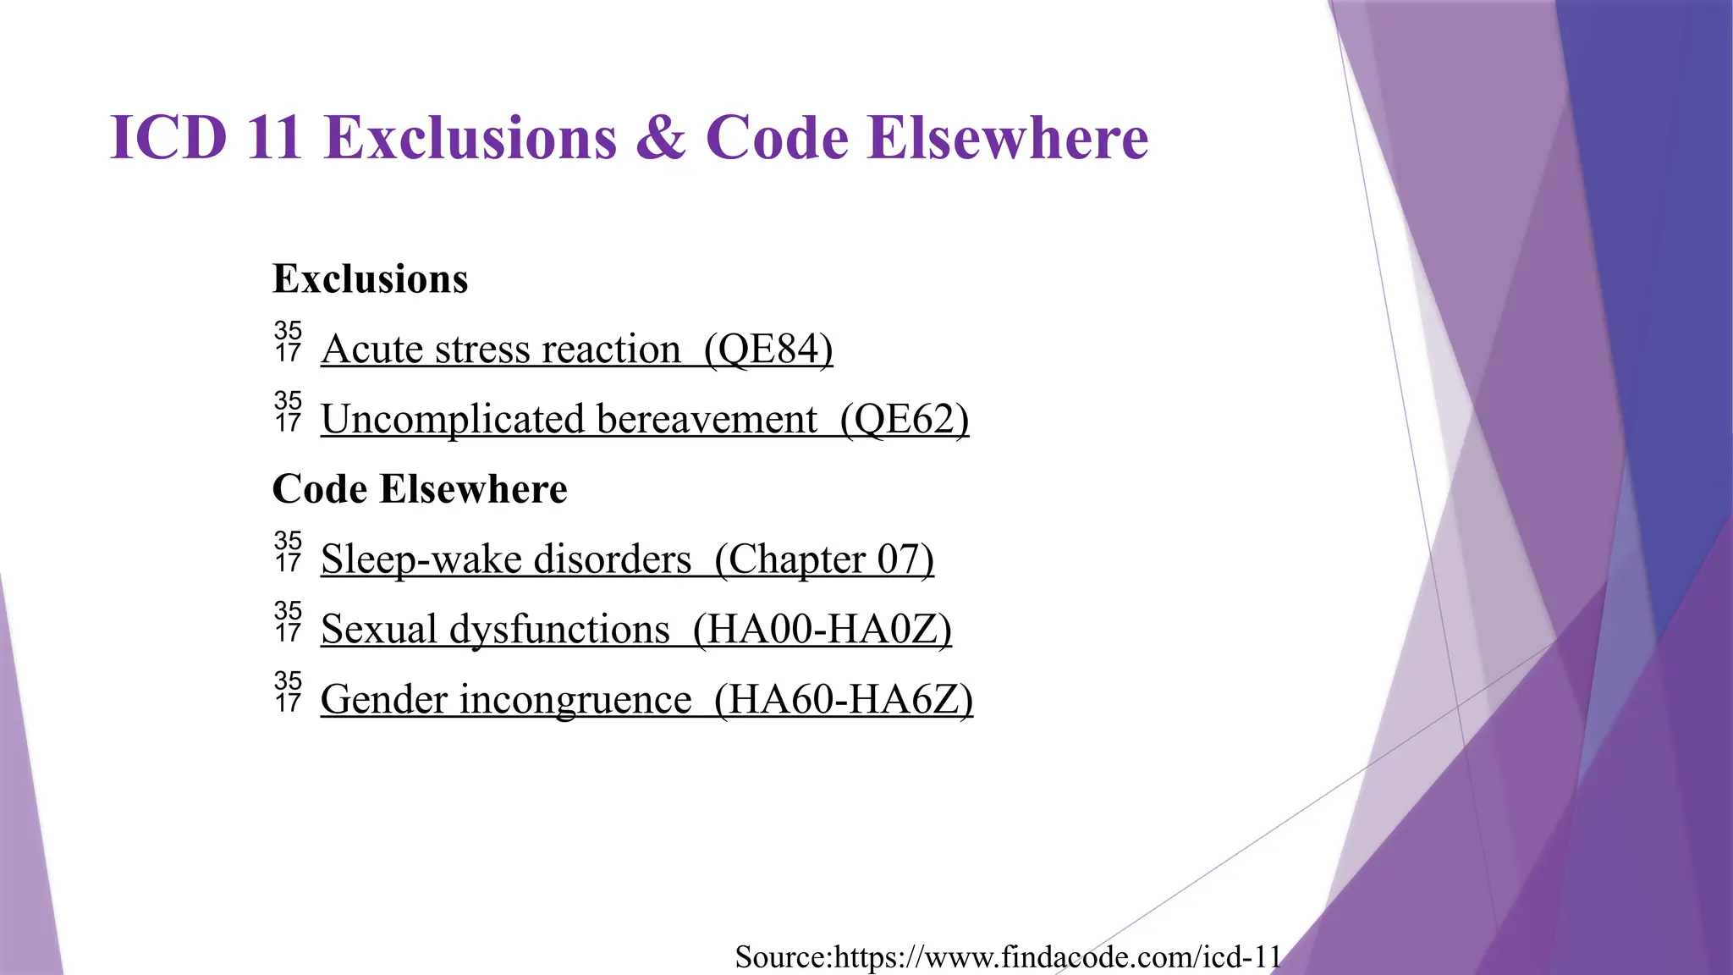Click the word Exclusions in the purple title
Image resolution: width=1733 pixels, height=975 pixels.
click(x=470, y=138)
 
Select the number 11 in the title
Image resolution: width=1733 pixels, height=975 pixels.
click(x=274, y=138)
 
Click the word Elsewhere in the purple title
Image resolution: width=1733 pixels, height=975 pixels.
click(x=1008, y=138)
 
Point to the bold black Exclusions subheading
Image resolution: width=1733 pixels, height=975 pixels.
click(x=370, y=279)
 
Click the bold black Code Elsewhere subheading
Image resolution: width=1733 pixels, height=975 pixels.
click(x=420, y=489)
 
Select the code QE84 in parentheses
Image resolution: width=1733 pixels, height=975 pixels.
click(x=768, y=350)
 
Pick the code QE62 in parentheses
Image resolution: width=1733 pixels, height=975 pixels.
click(x=905, y=420)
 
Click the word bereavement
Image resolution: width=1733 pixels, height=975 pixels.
click(x=707, y=420)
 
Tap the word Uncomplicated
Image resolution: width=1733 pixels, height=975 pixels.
click(x=453, y=420)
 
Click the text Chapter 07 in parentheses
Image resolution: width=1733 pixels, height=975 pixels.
click(x=824, y=559)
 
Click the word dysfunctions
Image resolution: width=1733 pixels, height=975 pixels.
click(x=559, y=630)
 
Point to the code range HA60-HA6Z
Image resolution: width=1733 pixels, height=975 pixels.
click(x=844, y=700)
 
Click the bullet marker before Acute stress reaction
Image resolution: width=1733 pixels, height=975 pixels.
click(x=288, y=342)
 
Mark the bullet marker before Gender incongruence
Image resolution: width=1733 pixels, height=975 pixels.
click(x=288, y=692)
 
